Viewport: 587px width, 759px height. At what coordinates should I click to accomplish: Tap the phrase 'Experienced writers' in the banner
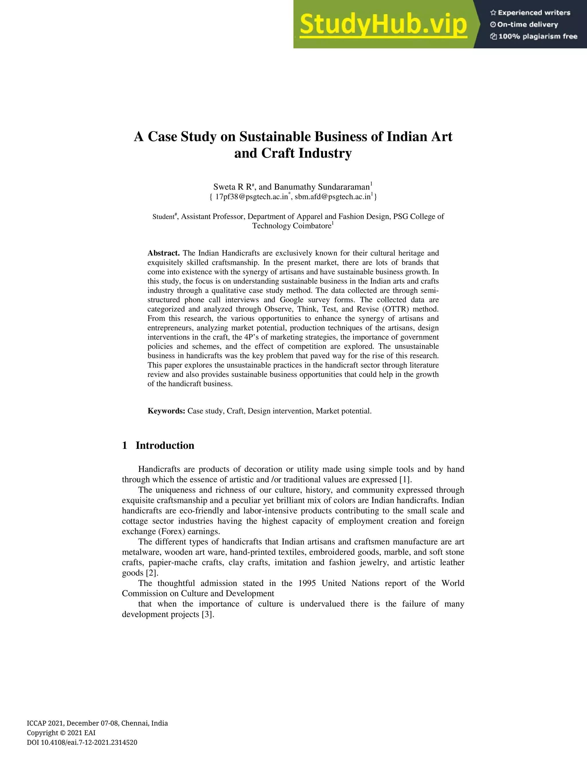534,13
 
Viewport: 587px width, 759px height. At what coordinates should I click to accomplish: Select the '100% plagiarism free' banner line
538,36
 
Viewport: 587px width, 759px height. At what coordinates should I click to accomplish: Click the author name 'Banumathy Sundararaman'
322,187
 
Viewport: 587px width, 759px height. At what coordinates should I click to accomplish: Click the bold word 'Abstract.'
163,253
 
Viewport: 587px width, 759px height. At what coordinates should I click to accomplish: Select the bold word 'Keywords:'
166,411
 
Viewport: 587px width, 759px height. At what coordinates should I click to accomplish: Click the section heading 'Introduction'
165,446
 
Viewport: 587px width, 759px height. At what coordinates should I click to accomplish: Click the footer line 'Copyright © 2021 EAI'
61,733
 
